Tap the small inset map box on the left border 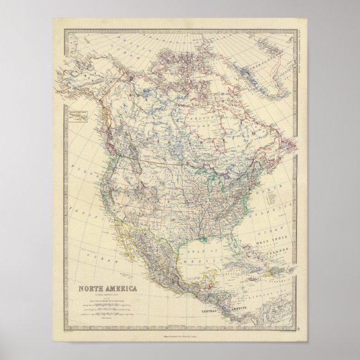[80, 118]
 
